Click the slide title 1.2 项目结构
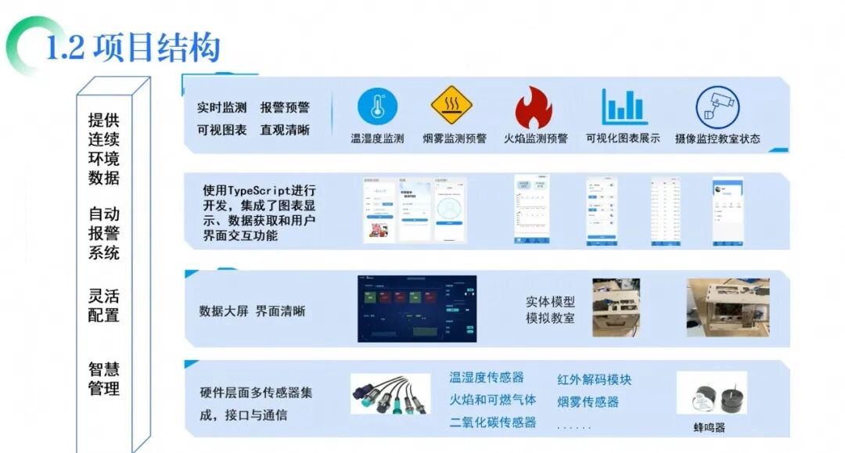point(133,47)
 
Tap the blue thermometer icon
point(378,107)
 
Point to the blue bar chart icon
point(624,107)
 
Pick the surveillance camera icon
point(717,107)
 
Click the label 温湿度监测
point(377,138)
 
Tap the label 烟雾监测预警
point(454,138)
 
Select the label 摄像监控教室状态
point(717,138)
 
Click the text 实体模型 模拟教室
point(550,310)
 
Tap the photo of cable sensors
point(390,394)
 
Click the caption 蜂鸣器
point(708,427)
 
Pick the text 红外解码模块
point(594,379)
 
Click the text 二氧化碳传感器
point(493,422)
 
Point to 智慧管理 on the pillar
point(104,378)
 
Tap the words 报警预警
point(285,107)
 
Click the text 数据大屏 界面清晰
point(252,311)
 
